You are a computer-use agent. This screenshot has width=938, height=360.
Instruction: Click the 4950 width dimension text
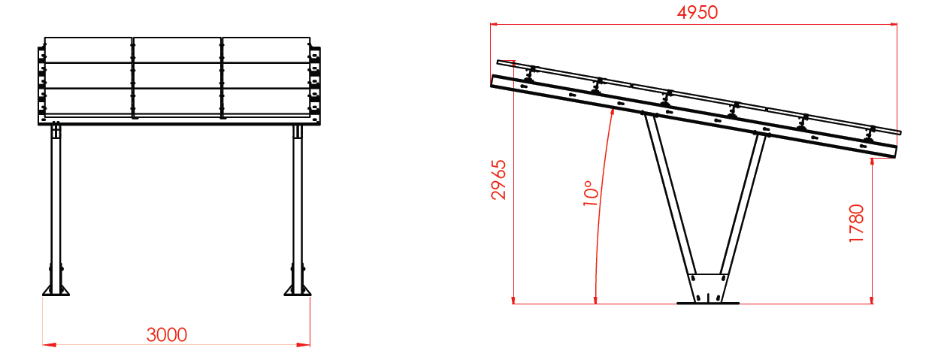coord(697,13)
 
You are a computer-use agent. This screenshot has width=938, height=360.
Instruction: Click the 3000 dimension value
coord(167,335)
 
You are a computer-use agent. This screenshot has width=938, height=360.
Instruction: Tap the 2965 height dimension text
coord(499,180)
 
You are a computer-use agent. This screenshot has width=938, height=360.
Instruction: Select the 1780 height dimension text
coord(856,223)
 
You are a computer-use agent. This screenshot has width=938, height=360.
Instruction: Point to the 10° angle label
coord(591,193)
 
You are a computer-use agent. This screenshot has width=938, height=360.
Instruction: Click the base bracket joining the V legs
coord(708,288)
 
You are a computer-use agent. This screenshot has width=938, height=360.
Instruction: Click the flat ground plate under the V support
coord(708,303)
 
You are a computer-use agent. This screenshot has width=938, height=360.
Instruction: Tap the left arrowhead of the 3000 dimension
coord(49,345)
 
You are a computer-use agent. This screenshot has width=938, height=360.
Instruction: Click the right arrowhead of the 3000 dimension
coord(303,345)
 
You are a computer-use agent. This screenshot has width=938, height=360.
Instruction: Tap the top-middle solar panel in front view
coord(177,50)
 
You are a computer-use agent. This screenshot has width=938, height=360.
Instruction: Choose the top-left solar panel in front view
coord(88,50)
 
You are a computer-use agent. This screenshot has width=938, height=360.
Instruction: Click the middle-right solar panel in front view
coord(266,76)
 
